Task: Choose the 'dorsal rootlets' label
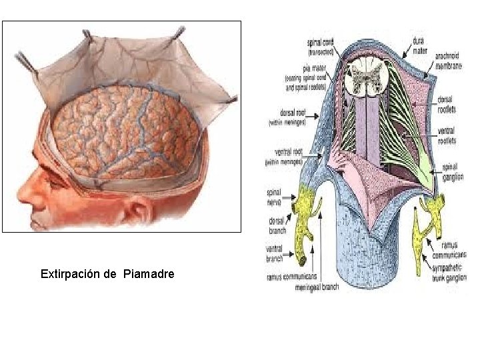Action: [x=445, y=103]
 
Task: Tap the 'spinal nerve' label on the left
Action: [x=274, y=195]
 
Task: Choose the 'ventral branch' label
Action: [x=275, y=253]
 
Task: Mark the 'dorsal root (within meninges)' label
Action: [x=287, y=117]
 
